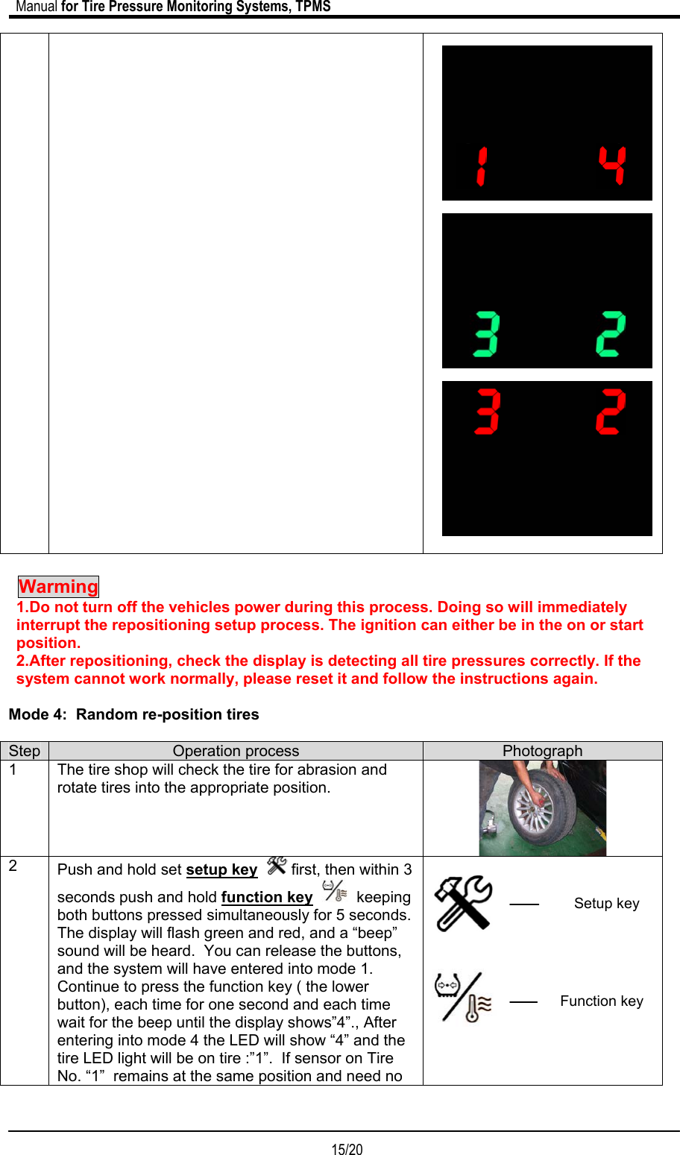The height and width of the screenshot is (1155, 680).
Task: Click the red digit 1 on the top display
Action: pyautogui.click(x=482, y=166)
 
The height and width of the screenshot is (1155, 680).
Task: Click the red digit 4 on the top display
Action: pyautogui.click(x=612, y=166)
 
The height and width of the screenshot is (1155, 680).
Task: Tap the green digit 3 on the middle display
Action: pyautogui.click(x=487, y=334)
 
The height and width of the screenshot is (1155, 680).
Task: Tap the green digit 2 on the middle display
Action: pyautogui.click(x=611, y=334)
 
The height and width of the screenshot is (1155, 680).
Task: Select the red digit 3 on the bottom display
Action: pyautogui.click(x=487, y=411)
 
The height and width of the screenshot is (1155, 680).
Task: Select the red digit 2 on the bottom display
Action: pyautogui.click(x=611, y=411)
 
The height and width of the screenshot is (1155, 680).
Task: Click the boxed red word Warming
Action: pyautogui.click(x=59, y=587)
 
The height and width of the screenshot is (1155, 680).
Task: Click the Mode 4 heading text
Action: pyautogui.click(x=134, y=714)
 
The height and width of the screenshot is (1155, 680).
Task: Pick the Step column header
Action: pyautogui.click(x=25, y=751)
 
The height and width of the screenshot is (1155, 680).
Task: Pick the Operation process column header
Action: pyautogui.click(x=236, y=751)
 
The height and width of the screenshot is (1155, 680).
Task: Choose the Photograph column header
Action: pyautogui.click(x=542, y=751)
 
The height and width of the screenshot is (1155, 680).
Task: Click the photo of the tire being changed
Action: pyautogui.click(x=542, y=808)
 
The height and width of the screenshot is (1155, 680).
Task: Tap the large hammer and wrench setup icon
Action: pyautogui.click(x=463, y=903)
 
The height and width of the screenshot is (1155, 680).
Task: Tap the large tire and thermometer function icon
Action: pyautogui.click(x=463, y=998)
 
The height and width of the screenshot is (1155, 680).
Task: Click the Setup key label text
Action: pyautogui.click(x=606, y=904)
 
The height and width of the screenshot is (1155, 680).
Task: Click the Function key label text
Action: pyautogui.click(x=601, y=1001)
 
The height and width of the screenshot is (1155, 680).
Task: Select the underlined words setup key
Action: pyautogui.click(x=221, y=870)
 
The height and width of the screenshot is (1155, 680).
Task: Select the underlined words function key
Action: pyautogui.click(x=267, y=898)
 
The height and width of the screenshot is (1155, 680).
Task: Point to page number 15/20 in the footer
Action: pyautogui.click(x=347, y=1149)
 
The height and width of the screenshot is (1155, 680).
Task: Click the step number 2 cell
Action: pyautogui.click(x=13, y=866)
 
